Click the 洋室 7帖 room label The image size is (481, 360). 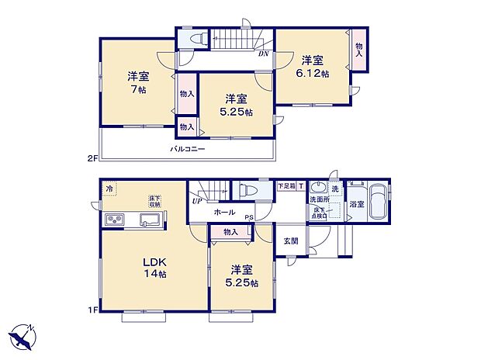(139, 83)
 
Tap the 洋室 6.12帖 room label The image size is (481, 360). (315, 66)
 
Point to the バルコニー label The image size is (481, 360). (188, 148)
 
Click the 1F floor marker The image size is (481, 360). (92, 311)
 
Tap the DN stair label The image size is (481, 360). (265, 54)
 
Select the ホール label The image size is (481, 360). (224, 211)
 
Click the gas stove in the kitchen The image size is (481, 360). (114, 221)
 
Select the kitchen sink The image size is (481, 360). (149, 221)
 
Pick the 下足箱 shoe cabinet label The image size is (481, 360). (286, 187)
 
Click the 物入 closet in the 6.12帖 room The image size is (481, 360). (358, 50)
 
